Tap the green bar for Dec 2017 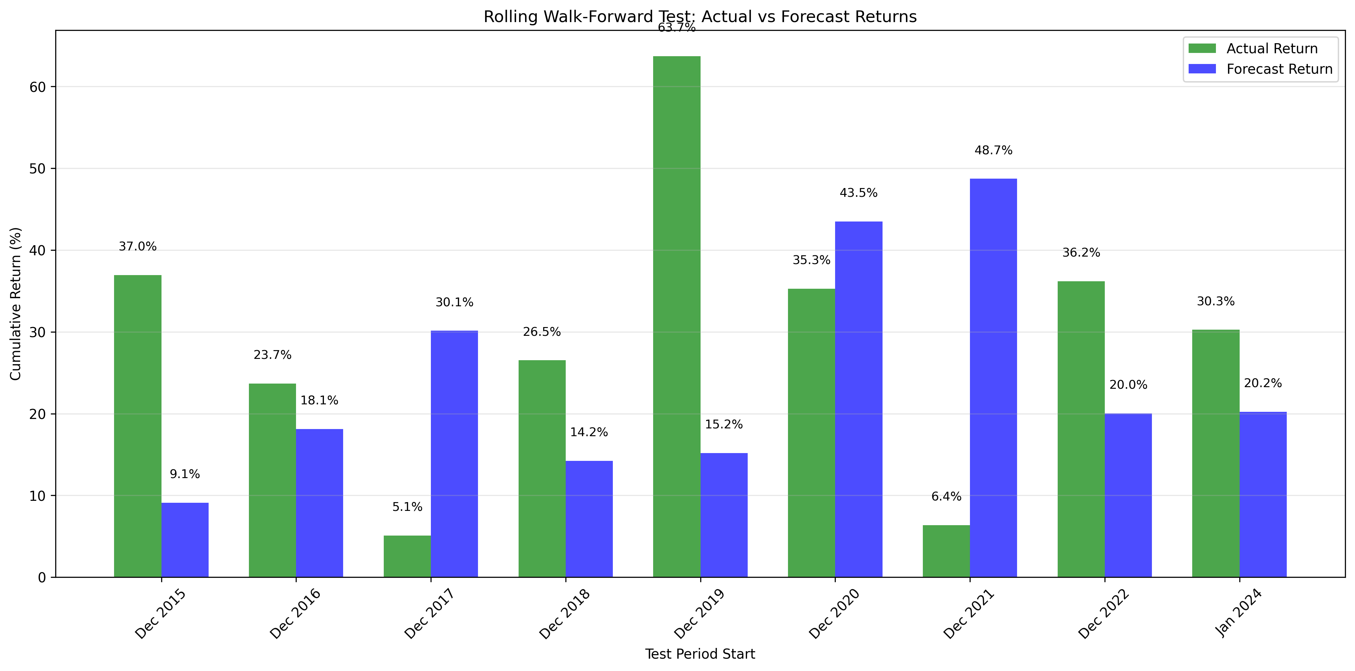[x=407, y=556]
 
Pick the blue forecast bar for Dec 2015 [x=185, y=540]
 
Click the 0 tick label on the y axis [x=42, y=577]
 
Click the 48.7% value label [x=993, y=150]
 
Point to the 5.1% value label [x=407, y=507]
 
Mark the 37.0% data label [x=137, y=247]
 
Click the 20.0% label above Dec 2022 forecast [x=1128, y=385]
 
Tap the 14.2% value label [x=588, y=432]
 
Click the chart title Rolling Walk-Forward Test [x=700, y=17]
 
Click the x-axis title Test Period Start [x=700, y=654]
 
